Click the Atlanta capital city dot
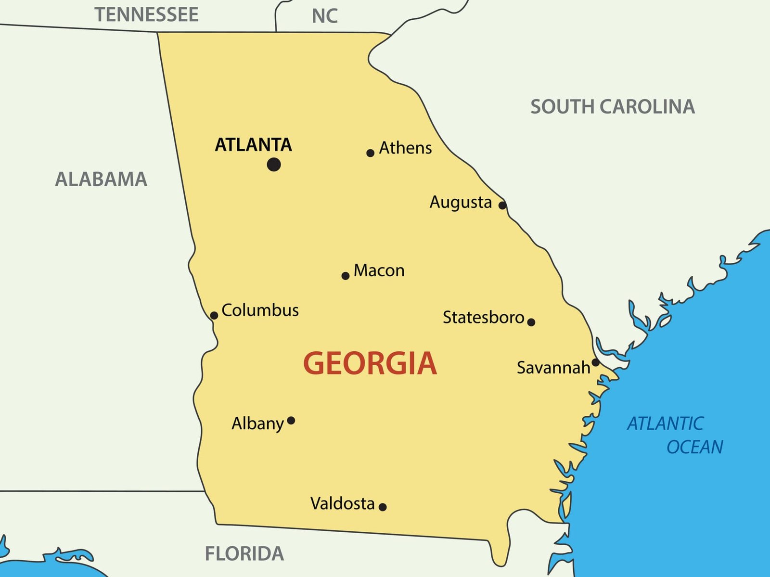click(274, 165)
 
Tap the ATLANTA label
click(253, 145)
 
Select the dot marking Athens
click(370, 153)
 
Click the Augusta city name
click(461, 202)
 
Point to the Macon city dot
click(345, 276)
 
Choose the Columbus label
click(260, 310)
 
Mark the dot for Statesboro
click(531, 322)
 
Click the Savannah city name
click(553, 368)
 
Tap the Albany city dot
click(291, 421)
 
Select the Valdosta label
click(342, 504)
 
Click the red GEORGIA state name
click(370, 363)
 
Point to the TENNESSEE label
click(146, 15)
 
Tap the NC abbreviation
click(324, 16)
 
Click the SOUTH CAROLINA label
click(612, 107)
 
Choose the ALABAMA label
click(101, 180)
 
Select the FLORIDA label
click(244, 554)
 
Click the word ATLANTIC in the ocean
click(665, 423)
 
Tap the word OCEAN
click(694, 447)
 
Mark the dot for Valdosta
click(383, 507)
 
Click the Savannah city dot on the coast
click(595, 362)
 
